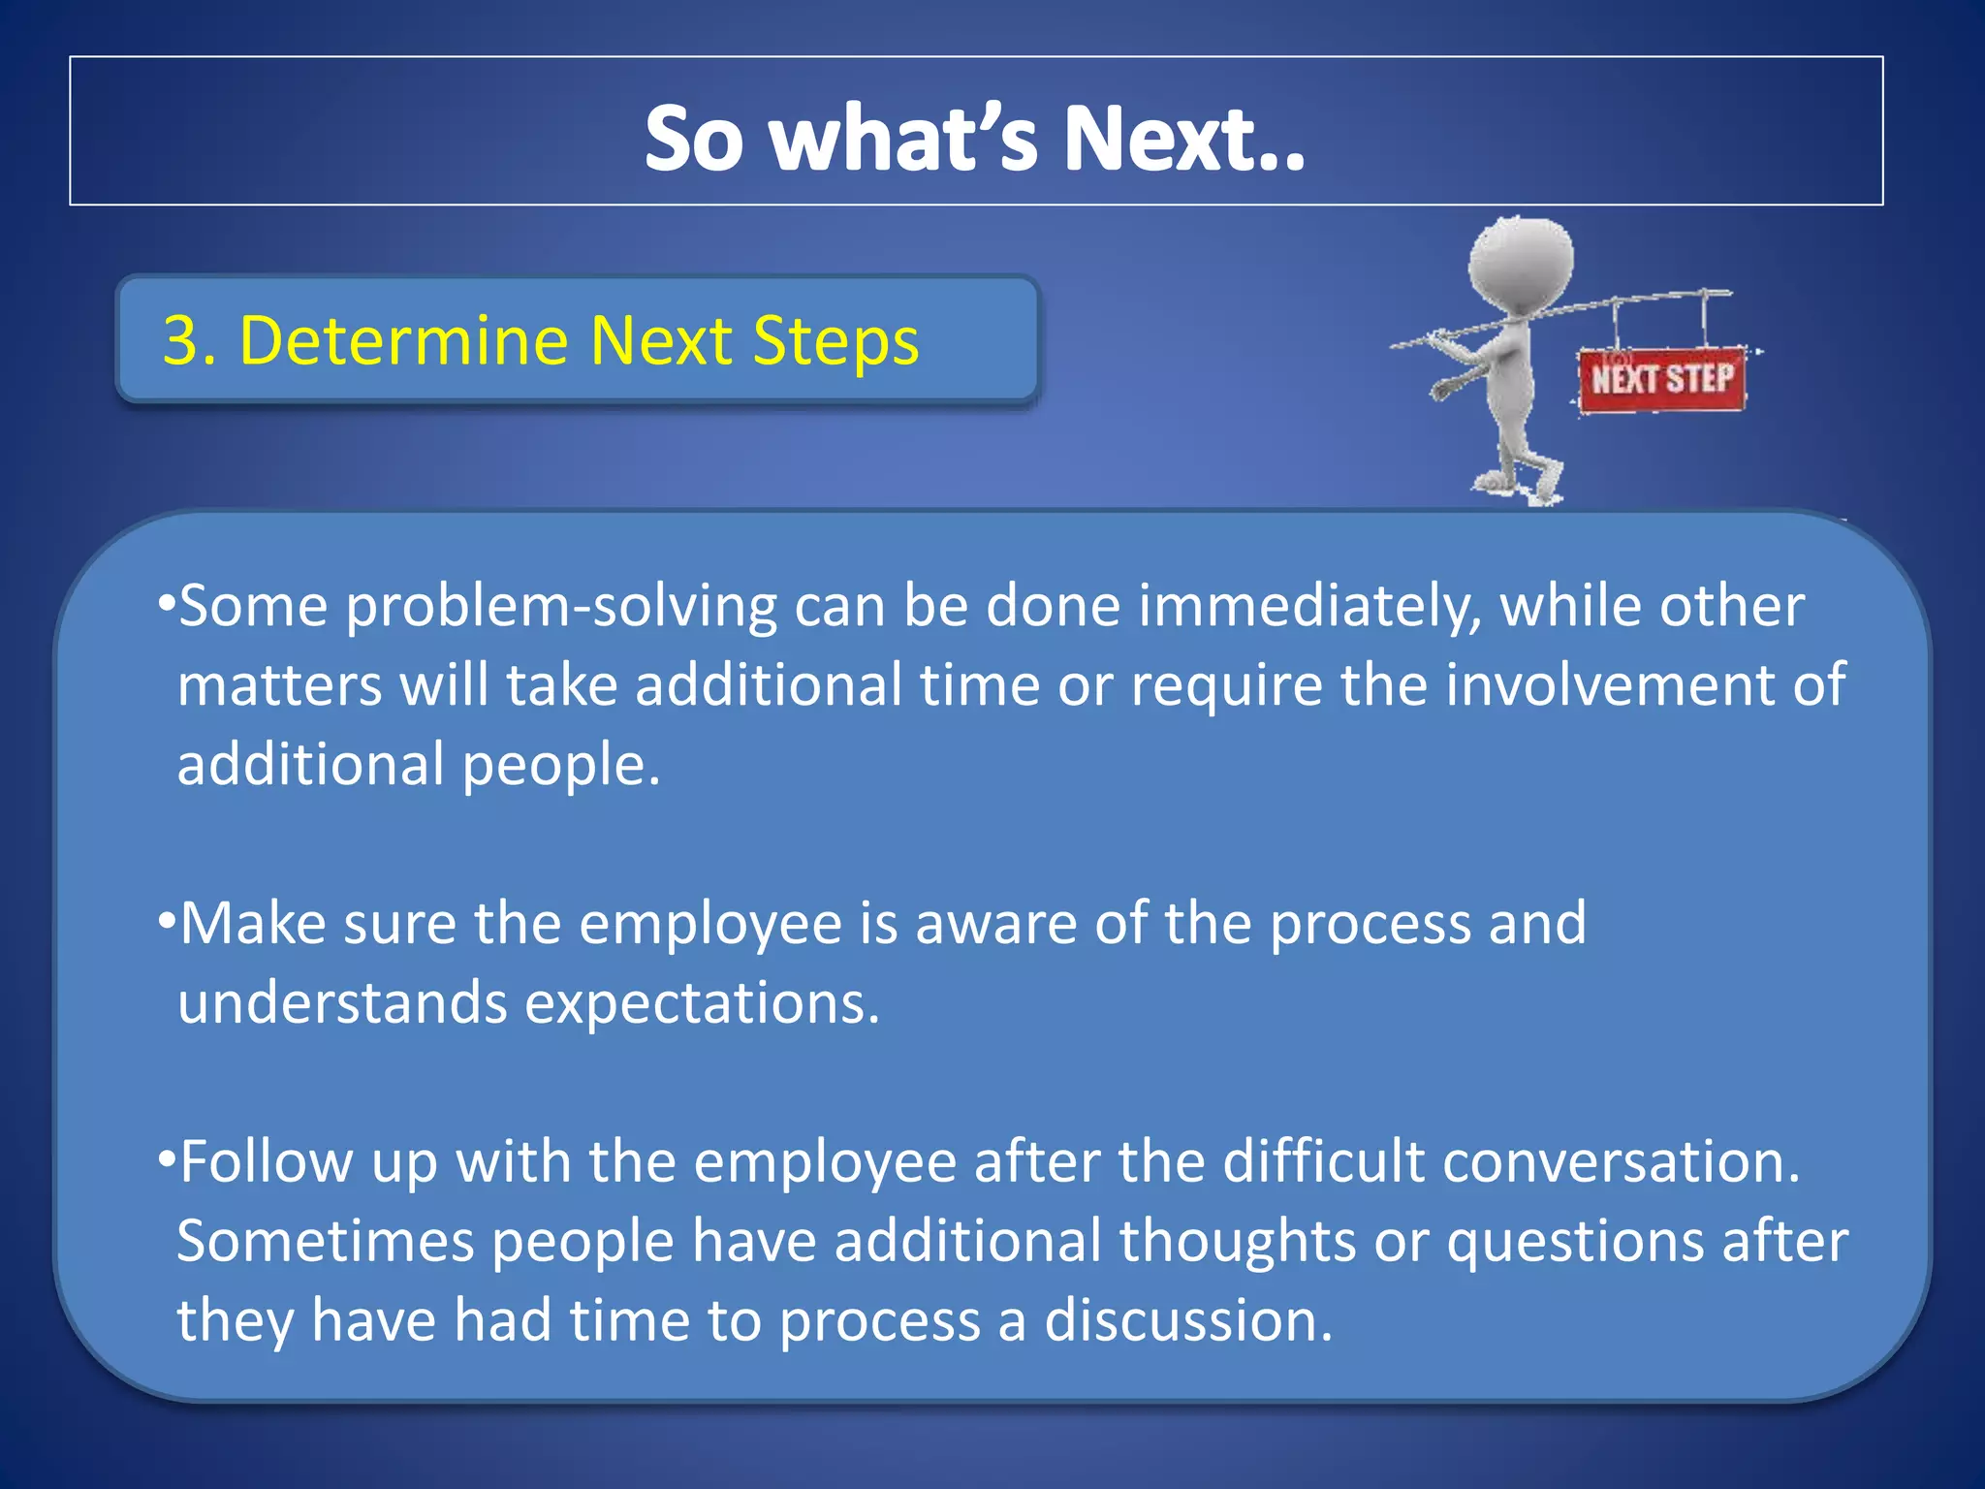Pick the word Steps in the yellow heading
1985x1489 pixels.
tap(835, 340)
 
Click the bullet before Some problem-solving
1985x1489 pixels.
tap(166, 604)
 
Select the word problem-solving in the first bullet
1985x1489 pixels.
tap(561, 608)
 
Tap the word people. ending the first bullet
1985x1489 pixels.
tap(561, 766)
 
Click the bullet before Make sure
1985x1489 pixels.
tap(166, 920)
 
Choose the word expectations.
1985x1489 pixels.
tap(702, 1003)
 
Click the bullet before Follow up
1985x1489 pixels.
tap(166, 1158)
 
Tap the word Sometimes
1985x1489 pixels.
tap(325, 1242)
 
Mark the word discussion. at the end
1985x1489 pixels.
tap(1188, 1321)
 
